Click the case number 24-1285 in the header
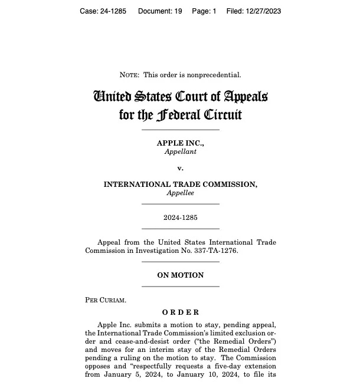(x=114, y=11)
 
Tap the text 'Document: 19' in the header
(x=160, y=11)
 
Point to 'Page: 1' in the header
(x=204, y=11)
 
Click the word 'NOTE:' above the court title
(x=129, y=75)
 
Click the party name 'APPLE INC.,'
(x=180, y=143)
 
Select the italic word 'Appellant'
(x=180, y=151)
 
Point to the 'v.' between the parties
(x=180, y=168)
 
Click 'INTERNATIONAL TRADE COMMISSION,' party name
(x=180, y=185)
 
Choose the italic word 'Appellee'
(x=180, y=193)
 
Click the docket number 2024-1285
(x=180, y=218)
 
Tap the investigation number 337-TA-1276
(x=215, y=251)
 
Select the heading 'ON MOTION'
(x=180, y=275)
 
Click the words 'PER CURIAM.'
(x=106, y=300)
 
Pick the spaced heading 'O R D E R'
(x=181, y=312)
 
